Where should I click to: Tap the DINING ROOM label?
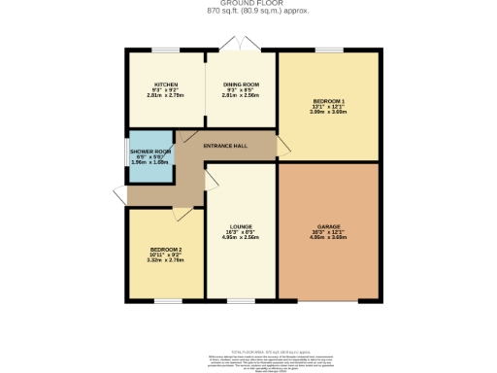[241, 85]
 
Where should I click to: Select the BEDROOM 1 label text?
[328, 101]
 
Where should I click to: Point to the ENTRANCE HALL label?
[223, 145]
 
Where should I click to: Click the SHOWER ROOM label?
[149, 153]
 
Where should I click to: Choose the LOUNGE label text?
[241, 229]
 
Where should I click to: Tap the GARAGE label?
[328, 229]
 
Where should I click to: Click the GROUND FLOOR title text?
[248, 4]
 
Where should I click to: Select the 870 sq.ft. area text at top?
[248, 12]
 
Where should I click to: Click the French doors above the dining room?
[234, 44]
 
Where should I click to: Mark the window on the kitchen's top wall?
[166, 50]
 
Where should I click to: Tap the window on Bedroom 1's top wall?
[326, 50]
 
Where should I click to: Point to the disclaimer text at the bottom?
[248, 361]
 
